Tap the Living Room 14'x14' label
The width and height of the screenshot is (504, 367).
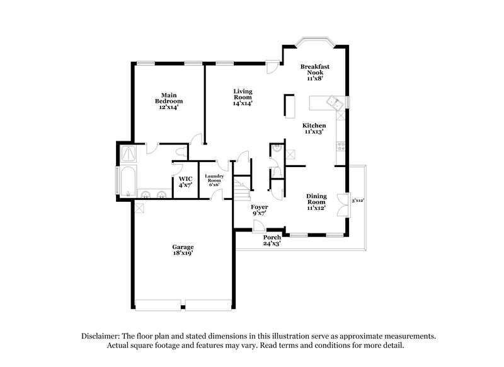click(x=243, y=97)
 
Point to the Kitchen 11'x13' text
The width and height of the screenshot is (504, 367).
click(x=314, y=129)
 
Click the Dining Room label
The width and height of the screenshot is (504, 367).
click(x=316, y=202)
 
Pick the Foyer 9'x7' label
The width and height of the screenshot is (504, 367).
click(x=260, y=210)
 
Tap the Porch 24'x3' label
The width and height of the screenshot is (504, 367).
click(x=272, y=240)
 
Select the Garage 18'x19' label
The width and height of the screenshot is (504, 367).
click(x=183, y=250)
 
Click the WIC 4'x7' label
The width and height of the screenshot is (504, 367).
click(x=185, y=182)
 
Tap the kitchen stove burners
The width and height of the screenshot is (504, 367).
click(x=341, y=145)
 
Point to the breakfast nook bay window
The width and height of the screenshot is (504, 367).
click(x=315, y=44)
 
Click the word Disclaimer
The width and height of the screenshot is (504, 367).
click(x=101, y=337)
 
